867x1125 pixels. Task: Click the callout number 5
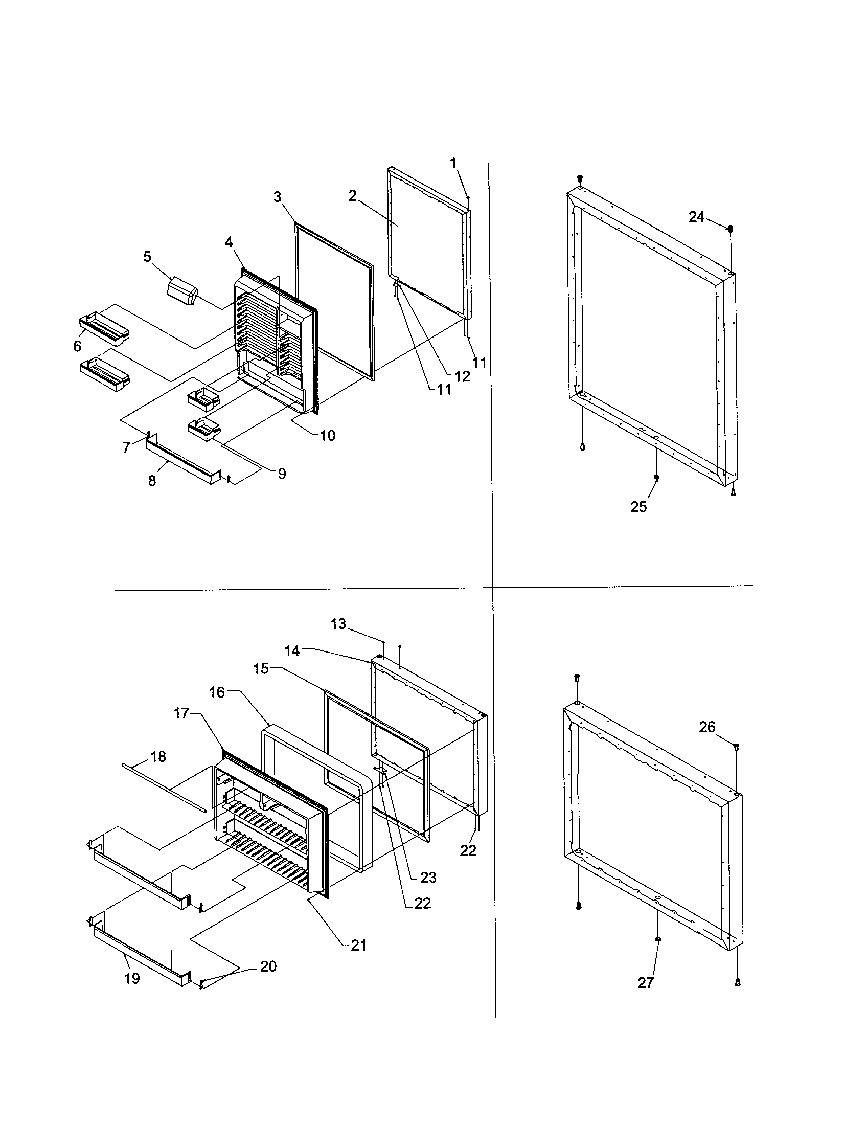147,257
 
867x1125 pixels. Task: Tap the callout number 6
77,346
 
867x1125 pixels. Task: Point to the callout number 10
328,435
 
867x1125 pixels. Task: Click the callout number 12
462,376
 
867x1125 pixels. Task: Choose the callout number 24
696,217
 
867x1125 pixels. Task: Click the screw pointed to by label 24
730,228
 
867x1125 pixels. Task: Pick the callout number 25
638,507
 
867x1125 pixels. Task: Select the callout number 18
158,756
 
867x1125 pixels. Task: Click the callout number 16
217,692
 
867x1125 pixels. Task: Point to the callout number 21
358,945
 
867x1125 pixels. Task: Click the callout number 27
645,983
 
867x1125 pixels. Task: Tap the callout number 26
707,727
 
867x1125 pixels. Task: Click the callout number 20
268,966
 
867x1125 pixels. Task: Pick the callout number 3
277,197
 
